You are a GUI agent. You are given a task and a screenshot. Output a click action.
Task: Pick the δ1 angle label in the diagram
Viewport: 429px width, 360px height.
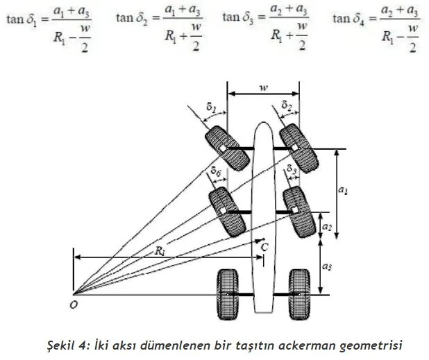tap(212, 108)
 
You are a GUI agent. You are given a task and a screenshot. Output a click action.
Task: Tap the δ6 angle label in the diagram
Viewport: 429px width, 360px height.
tap(217, 171)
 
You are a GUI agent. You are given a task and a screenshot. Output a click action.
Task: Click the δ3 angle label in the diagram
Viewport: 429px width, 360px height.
tap(292, 170)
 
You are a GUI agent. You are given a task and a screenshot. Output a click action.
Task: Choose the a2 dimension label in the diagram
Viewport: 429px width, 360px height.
tap(326, 225)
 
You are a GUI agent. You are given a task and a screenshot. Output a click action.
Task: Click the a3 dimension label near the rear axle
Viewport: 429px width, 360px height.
tap(326, 266)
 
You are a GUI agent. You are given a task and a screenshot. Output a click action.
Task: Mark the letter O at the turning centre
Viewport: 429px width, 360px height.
tap(73, 303)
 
